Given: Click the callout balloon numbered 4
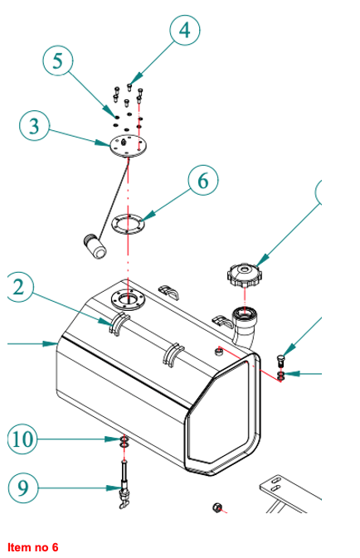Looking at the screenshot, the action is point(184,30).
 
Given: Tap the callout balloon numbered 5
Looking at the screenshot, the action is point(58,61).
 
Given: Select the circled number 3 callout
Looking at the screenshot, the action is point(34,126).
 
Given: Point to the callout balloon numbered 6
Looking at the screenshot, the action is point(203,181).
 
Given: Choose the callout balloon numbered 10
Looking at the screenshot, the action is point(22,439).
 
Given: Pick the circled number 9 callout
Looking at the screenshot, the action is point(22,488).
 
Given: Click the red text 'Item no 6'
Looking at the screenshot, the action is point(32,547).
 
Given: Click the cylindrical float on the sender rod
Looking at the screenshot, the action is point(95,246).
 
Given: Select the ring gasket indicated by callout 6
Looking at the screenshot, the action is point(129,224).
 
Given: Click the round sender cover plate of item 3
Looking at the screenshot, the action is point(129,145).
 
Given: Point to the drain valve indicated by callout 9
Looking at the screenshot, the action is point(124,485).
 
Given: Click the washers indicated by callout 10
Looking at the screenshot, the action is point(124,443).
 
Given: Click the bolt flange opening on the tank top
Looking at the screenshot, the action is point(128,299).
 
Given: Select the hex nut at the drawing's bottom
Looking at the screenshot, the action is point(216,507).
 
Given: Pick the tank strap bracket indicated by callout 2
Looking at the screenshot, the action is point(119,323).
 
